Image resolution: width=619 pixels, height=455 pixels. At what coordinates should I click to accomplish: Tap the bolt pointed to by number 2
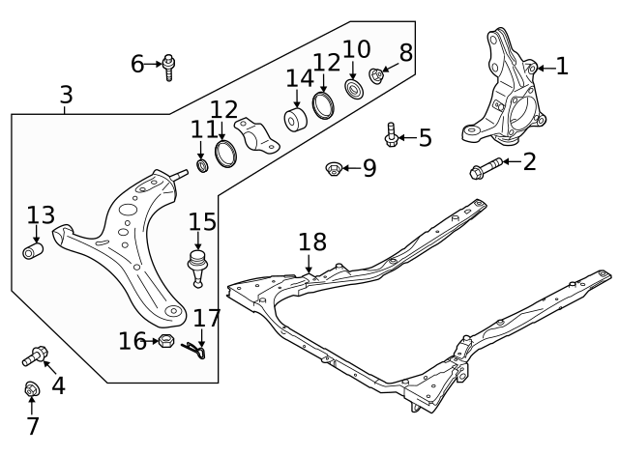[x=487, y=170]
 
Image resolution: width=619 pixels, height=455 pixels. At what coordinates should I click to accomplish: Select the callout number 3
[x=66, y=95]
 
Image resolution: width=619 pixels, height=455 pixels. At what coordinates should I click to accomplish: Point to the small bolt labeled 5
[x=392, y=135]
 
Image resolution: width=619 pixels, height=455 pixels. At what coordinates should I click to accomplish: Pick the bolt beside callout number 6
[x=171, y=66]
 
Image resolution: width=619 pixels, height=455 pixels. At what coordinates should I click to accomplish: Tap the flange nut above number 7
[x=31, y=390]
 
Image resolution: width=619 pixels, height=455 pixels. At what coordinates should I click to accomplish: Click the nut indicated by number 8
[x=378, y=76]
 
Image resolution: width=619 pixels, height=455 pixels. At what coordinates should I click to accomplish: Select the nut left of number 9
[x=332, y=169]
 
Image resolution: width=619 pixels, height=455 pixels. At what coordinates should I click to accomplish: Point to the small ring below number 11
[x=202, y=169]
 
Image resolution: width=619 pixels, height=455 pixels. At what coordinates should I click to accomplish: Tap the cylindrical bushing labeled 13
[x=34, y=252]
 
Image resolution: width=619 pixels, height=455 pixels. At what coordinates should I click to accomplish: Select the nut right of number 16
[x=164, y=341]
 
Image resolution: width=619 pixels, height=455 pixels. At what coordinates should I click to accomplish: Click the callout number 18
[x=313, y=242]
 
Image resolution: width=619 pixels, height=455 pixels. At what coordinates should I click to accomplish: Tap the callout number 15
[x=201, y=221]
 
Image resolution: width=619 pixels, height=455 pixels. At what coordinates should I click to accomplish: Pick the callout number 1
[x=561, y=66]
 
